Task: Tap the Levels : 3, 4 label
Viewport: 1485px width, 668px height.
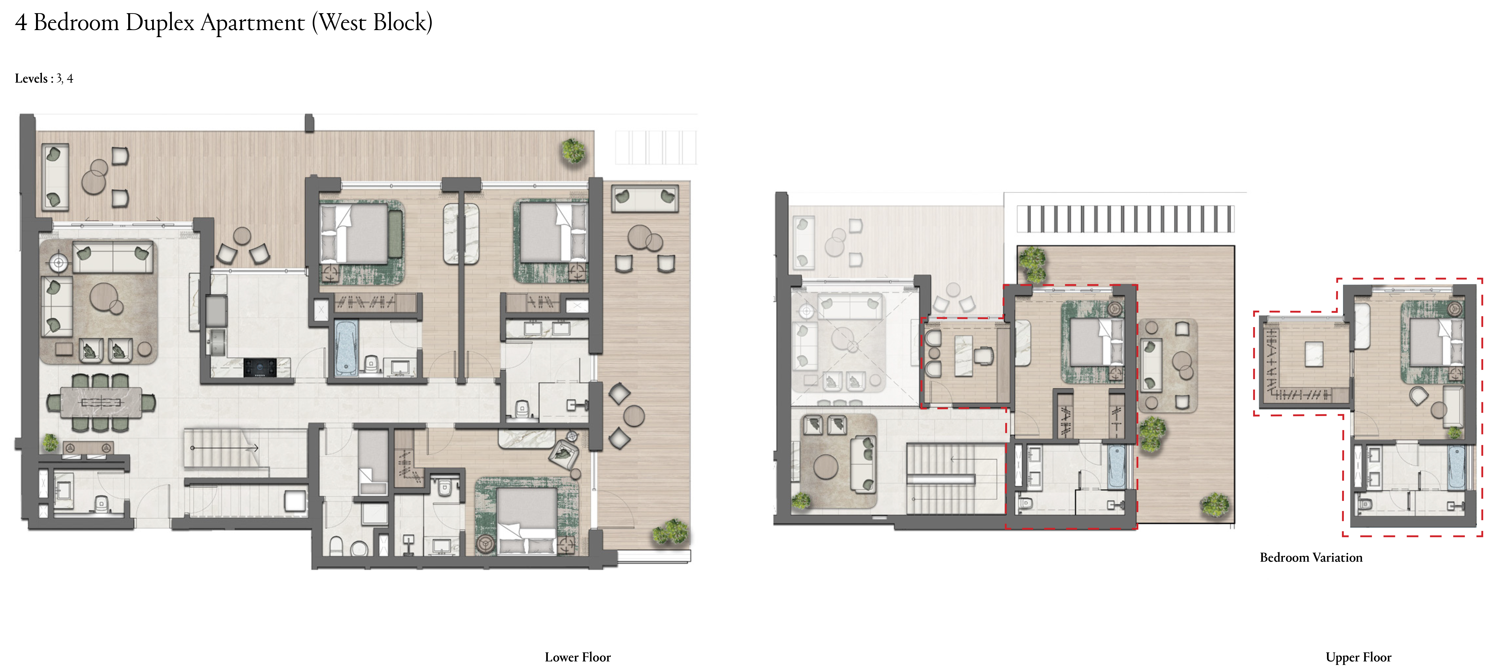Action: point(44,78)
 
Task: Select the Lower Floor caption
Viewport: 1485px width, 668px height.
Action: point(578,657)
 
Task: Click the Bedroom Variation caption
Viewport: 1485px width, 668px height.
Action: point(1311,557)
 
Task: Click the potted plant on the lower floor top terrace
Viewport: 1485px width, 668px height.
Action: point(573,151)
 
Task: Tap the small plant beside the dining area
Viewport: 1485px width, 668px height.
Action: point(51,442)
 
